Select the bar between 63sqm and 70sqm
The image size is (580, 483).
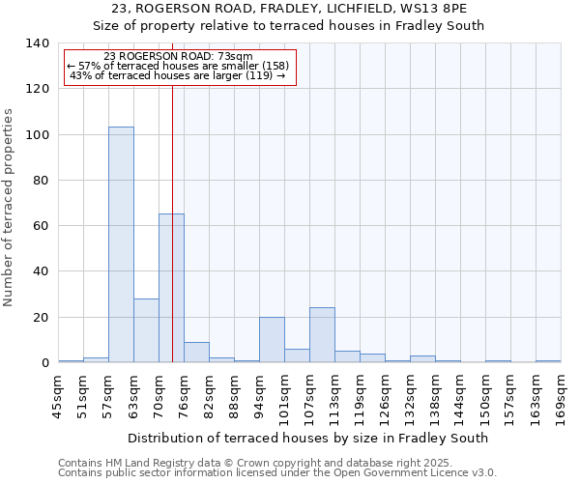[146, 330]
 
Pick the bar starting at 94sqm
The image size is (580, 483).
[272, 340]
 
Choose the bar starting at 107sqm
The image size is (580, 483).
[322, 335]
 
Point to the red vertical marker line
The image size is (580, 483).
[172, 213]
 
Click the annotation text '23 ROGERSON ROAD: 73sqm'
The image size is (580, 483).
[178, 56]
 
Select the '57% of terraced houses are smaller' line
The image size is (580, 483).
[178, 66]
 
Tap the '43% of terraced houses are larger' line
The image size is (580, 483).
[178, 75]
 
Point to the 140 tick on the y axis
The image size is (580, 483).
[38, 43]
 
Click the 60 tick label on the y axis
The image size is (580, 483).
[42, 226]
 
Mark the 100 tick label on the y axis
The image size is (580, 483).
[38, 134]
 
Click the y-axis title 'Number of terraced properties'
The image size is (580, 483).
[9, 208]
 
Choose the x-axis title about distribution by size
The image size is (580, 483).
[307, 438]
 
